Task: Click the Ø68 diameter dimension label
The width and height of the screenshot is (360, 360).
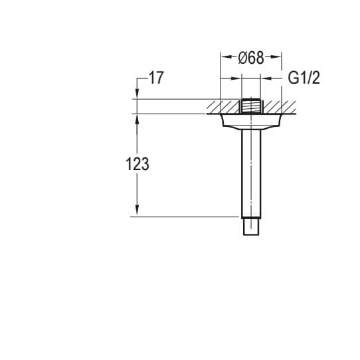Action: point(251,58)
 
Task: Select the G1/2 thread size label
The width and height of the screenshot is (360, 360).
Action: point(304,78)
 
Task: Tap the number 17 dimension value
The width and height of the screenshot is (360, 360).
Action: point(156,78)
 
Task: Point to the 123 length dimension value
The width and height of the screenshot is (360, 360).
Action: point(137,164)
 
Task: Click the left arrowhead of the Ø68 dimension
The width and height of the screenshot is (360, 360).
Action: point(225,56)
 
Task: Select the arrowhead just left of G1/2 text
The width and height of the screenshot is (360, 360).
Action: point(266,78)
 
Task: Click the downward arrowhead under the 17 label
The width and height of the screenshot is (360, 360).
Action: point(137,94)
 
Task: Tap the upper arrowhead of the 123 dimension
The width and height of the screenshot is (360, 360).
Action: point(137,119)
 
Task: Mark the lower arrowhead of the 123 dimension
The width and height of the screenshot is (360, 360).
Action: point(137,211)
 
